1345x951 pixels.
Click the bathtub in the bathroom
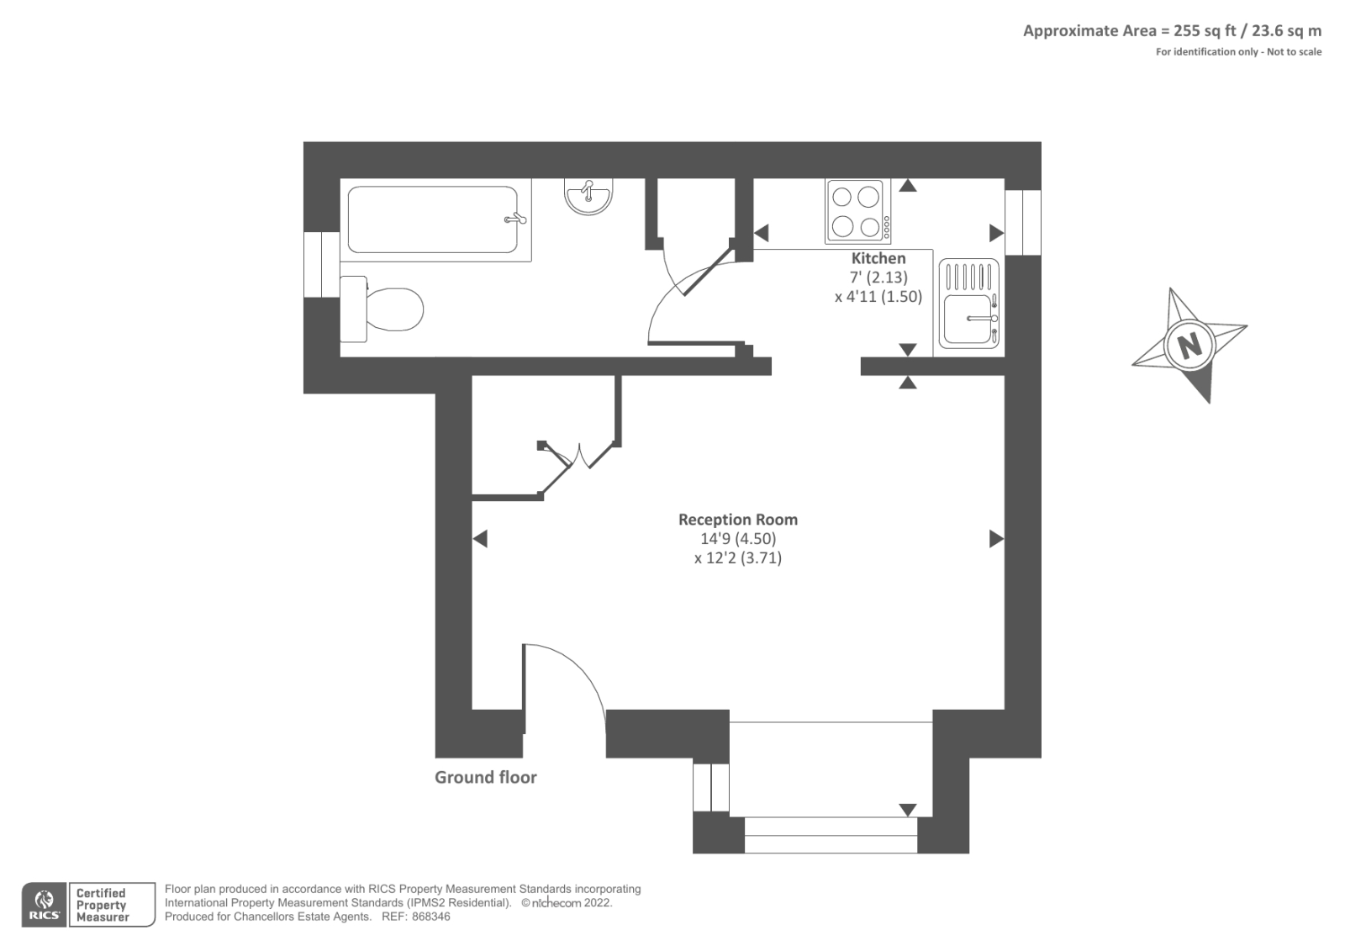(x=434, y=219)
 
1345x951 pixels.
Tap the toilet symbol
(x=385, y=309)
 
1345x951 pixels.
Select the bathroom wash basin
(x=588, y=198)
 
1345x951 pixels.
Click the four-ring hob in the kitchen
(x=857, y=211)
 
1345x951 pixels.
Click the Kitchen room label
(x=878, y=258)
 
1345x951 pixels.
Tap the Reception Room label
(x=737, y=520)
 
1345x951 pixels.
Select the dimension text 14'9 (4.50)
(x=737, y=539)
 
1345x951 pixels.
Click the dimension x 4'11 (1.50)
(x=878, y=297)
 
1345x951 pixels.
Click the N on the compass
(x=1189, y=345)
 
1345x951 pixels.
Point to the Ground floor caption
(x=485, y=778)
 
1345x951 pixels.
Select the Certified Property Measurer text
(x=102, y=906)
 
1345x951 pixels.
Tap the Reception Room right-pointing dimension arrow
(x=996, y=539)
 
